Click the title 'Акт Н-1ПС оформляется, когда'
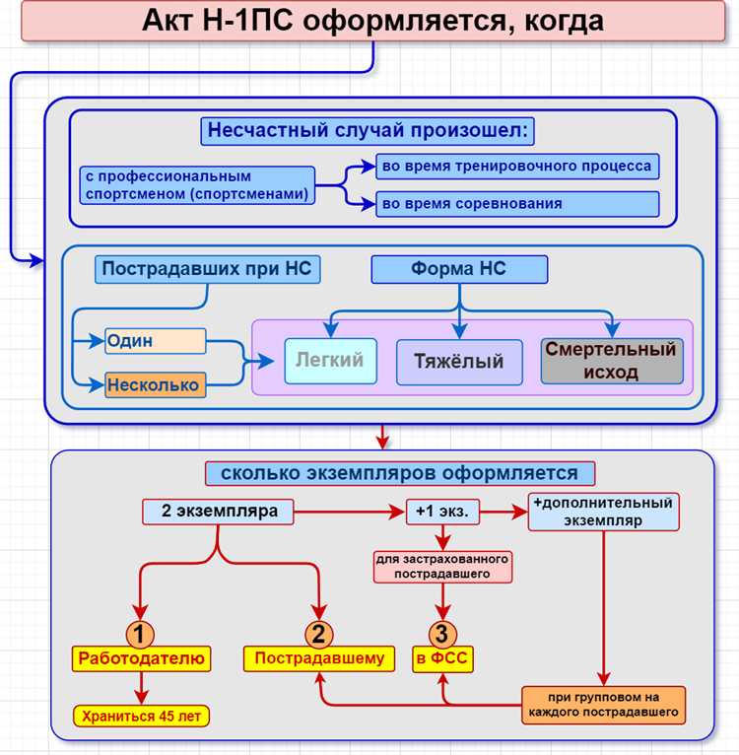[x=372, y=20]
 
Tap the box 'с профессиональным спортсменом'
[x=197, y=185]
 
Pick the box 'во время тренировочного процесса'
[x=516, y=166]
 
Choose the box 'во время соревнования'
[x=516, y=204]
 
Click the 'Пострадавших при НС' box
[x=208, y=269]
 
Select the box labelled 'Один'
[x=155, y=341]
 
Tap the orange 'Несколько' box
[x=155, y=384]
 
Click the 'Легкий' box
[x=330, y=361]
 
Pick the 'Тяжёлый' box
[x=458, y=362]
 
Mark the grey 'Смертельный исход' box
[x=611, y=361]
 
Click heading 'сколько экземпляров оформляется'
[x=399, y=473]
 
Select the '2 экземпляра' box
[x=218, y=512]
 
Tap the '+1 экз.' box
[x=443, y=512]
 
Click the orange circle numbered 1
[x=140, y=634]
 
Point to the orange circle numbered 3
[x=443, y=634]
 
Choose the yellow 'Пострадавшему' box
[x=319, y=658]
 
